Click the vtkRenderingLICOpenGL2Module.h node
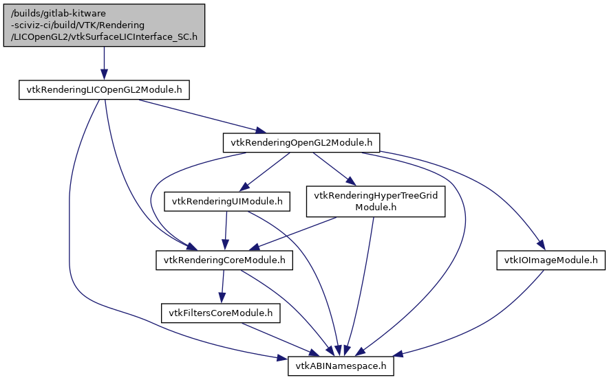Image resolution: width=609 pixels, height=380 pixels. click(x=103, y=90)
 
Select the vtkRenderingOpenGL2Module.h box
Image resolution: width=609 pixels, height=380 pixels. click(x=301, y=143)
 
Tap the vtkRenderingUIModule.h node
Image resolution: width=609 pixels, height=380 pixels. click(x=226, y=201)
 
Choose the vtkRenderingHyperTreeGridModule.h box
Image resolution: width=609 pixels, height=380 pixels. click(x=375, y=201)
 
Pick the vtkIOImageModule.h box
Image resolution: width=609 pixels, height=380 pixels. click(x=551, y=260)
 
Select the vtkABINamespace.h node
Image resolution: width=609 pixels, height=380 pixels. click(x=341, y=366)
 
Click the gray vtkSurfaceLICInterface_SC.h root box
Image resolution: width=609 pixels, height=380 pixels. click(x=103, y=25)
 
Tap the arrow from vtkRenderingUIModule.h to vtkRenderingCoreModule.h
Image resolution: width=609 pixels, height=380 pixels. click(x=225, y=231)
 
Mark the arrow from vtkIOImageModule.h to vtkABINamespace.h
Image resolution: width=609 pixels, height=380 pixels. click(x=482, y=323)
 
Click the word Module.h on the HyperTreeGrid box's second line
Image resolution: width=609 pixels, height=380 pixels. click(x=375, y=207)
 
